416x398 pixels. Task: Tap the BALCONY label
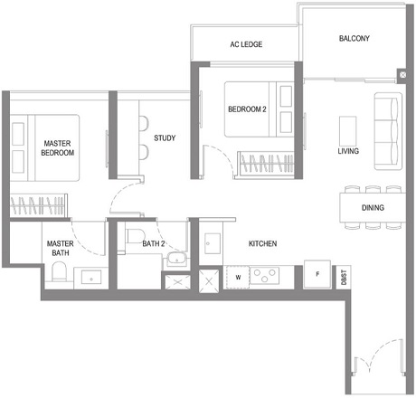point(355,39)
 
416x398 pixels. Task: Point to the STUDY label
point(164,138)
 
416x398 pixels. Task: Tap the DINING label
point(373,208)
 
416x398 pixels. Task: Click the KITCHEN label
point(262,244)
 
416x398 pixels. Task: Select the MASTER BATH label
point(60,248)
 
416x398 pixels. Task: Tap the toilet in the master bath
point(56,278)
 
